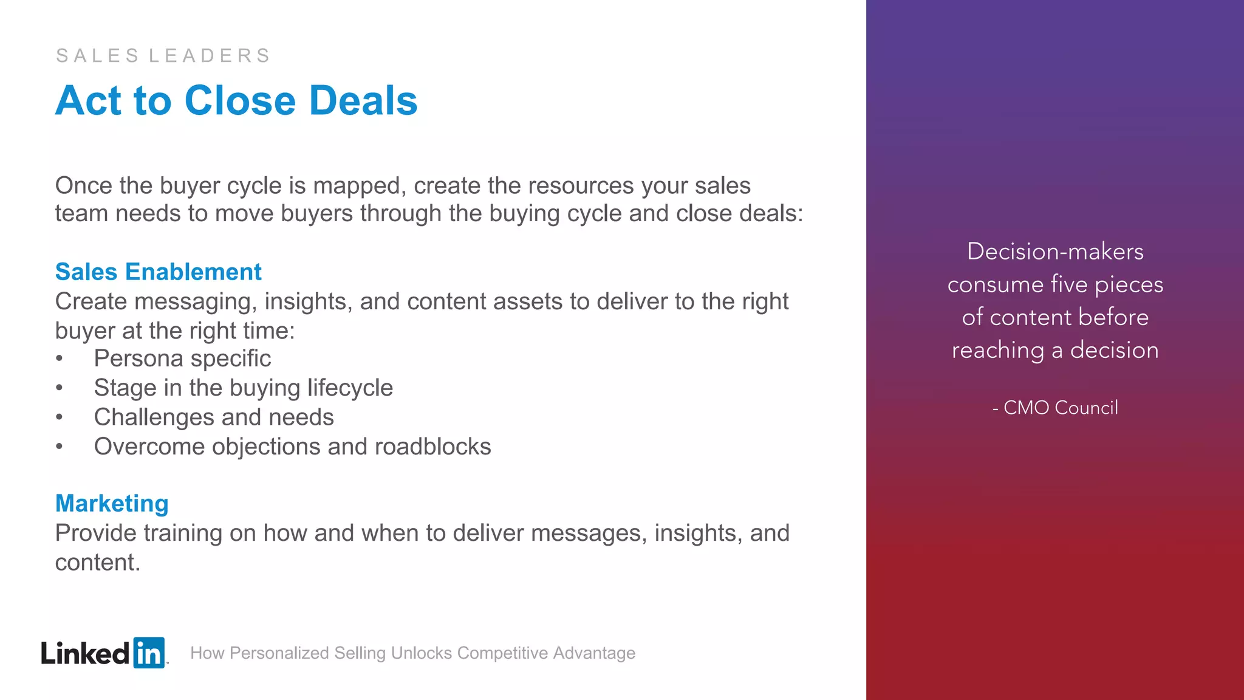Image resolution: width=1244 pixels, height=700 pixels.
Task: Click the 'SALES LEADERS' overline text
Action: click(x=163, y=56)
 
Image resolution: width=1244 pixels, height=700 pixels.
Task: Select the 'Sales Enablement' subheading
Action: click(x=158, y=272)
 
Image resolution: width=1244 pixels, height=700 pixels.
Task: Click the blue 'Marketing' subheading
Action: click(x=112, y=503)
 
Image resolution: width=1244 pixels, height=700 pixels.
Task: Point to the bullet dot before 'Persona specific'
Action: click(x=59, y=359)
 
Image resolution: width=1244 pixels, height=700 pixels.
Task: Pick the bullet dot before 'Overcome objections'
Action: click(x=59, y=447)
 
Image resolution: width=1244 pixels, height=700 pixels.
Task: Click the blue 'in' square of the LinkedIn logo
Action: click(x=148, y=653)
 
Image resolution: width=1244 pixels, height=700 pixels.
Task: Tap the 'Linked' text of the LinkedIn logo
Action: click(x=85, y=654)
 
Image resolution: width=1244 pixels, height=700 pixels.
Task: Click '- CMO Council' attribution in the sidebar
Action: click(x=1055, y=408)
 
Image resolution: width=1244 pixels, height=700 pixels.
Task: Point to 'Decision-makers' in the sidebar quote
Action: click(x=1055, y=252)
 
